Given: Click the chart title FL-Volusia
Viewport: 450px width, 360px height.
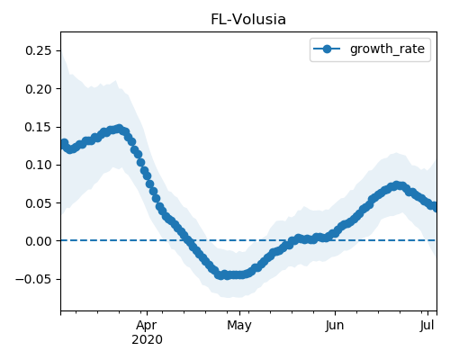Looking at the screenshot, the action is [x=248, y=20].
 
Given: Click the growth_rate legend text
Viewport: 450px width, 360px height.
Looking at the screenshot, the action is [x=387, y=49].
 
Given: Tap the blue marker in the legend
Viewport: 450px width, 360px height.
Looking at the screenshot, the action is [x=327, y=49].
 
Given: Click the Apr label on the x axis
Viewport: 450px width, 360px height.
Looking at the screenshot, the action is [x=147, y=326].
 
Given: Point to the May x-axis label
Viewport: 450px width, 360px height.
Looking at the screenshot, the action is [x=239, y=326].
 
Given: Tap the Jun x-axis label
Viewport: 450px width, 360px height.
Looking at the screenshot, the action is [x=335, y=326].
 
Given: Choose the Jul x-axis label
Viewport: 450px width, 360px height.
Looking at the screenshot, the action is [x=427, y=326].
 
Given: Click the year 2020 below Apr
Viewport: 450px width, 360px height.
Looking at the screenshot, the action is [x=147, y=339].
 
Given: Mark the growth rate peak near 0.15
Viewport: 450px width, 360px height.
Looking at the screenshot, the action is [x=120, y=129].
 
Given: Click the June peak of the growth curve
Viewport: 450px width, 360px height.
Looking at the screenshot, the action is [x=397, y=185].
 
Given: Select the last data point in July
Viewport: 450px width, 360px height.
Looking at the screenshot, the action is [x=435, y=207].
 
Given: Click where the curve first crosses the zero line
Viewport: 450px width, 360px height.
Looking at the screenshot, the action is [x=188, y=240].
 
